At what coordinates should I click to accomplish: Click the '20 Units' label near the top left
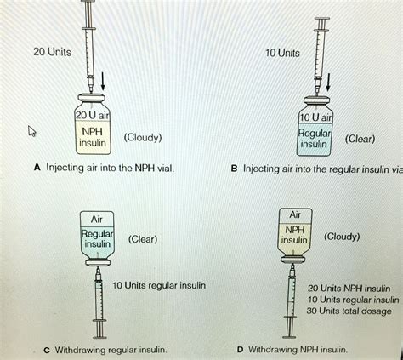52,52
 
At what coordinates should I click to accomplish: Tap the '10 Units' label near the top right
281,53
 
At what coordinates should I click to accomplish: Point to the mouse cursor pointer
33,131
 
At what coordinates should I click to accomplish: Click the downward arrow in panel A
103,82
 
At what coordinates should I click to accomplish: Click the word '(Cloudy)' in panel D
341,236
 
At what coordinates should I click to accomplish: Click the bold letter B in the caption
234,169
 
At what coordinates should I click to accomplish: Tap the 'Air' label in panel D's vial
295,214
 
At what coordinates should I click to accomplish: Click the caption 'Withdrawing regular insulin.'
111,349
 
